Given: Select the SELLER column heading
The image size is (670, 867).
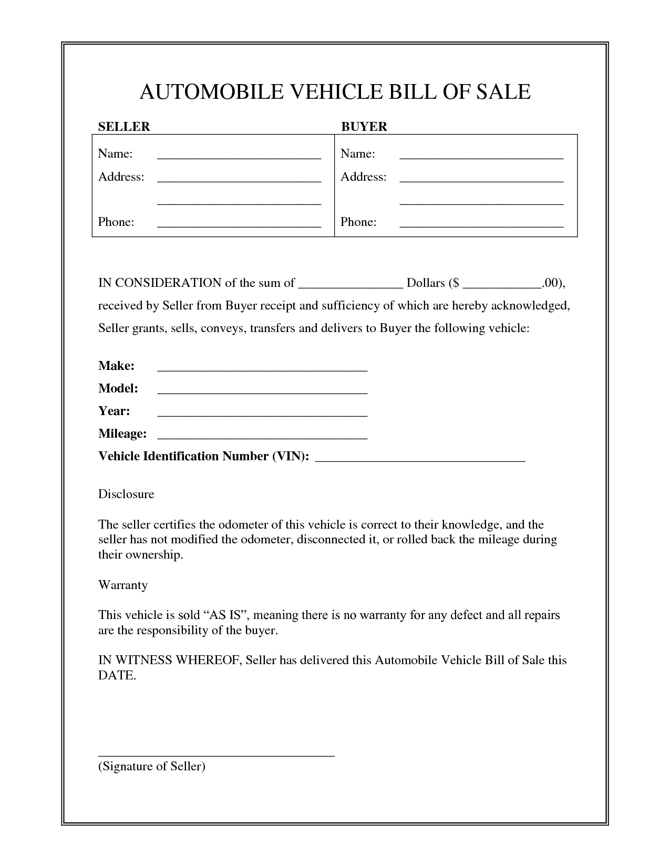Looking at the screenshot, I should point(124,127).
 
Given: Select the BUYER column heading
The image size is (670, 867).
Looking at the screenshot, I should point(364,127).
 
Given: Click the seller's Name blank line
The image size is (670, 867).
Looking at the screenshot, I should point(239,157).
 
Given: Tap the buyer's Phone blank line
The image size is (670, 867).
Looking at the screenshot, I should point(481,225).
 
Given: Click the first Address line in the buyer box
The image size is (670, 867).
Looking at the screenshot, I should point(481,180).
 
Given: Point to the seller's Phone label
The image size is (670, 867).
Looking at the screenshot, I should point(116,222).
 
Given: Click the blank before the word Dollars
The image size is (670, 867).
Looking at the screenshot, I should point(351,287).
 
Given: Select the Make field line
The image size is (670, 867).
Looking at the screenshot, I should point(262,370).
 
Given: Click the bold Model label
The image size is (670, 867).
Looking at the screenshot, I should point(118,388).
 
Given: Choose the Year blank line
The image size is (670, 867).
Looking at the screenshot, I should point(262,415).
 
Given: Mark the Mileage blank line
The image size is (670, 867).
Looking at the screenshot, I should point(262,438).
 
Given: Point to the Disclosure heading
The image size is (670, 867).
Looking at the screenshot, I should point(126,494).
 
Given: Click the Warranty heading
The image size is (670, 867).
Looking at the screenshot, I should point(123,585).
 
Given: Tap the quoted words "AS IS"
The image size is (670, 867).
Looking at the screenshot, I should point(225,615).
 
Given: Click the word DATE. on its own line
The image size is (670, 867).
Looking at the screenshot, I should point(117,675).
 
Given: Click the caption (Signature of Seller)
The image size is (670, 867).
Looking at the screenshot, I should point(152,766).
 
